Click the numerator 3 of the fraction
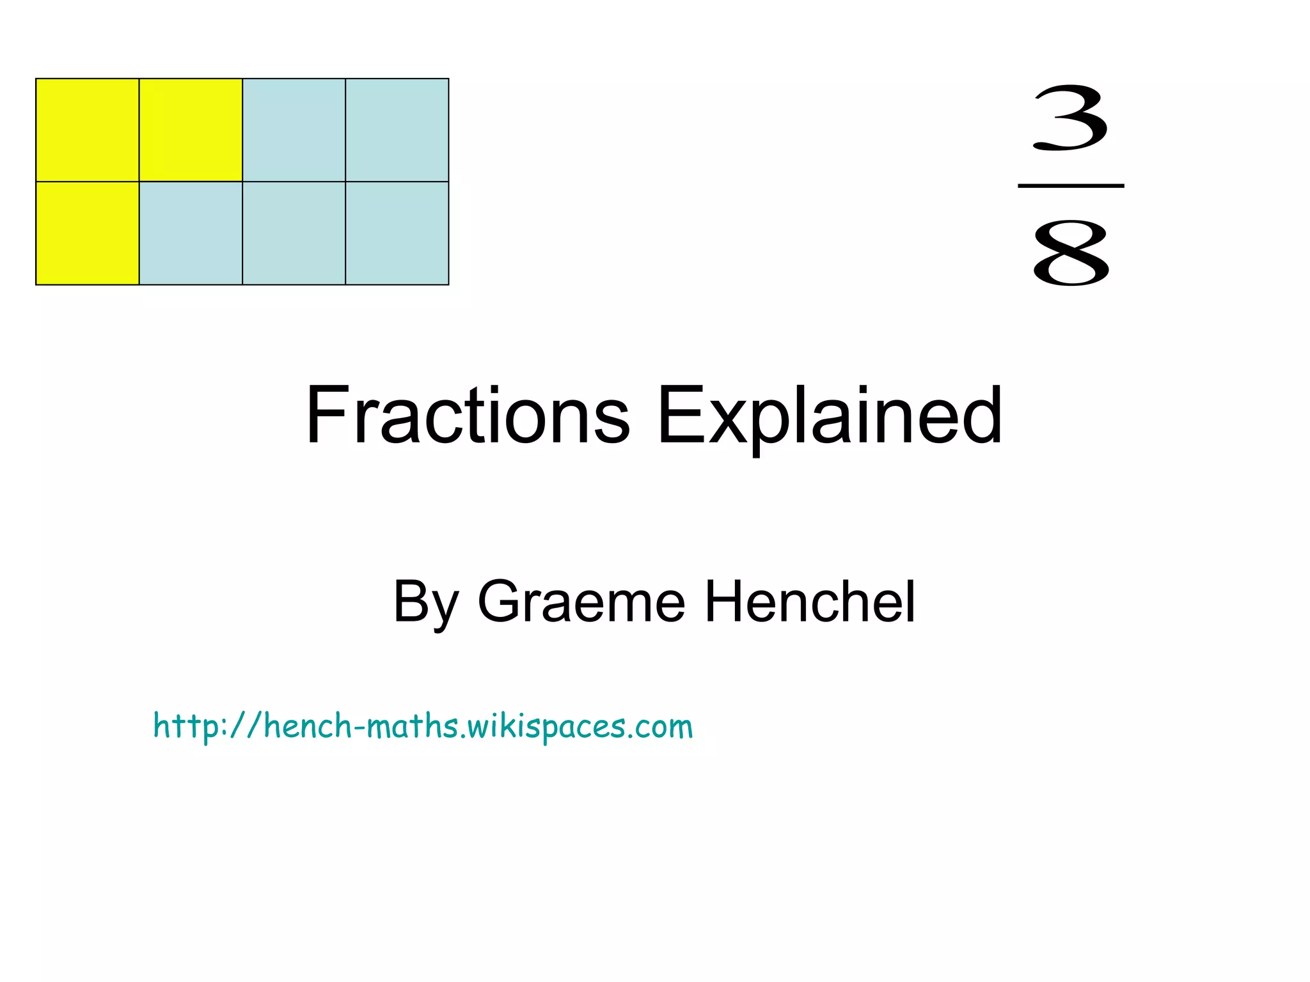[1070, 118]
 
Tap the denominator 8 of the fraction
[1071, 253]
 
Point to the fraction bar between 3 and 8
[1071, 186]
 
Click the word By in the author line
[425, 603]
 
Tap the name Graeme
[581, 602]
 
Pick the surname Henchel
[810, 602]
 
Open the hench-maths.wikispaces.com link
[423, 726]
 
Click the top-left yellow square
[88, 130]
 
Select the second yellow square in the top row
[191, 130]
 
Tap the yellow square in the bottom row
[88, 233]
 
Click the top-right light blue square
[397, 130]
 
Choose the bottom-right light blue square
[397, 233]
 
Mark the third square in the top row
[294, 130]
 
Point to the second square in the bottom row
[191, 233]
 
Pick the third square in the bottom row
[294, 233]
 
